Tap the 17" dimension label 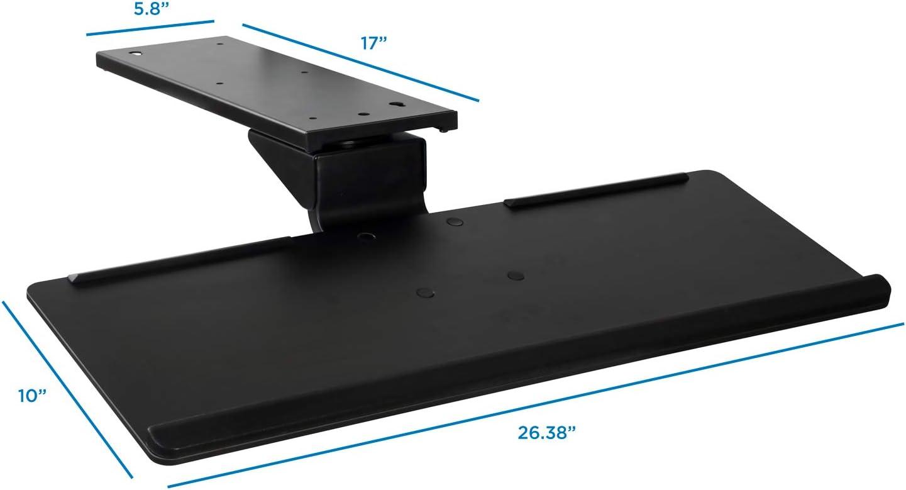coord(373,44)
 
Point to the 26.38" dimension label coord(547,433)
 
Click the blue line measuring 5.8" coord(150,28)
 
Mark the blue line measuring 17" coord(360,62)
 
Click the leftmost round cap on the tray coord(365,237)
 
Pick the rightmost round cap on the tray coord(515,274)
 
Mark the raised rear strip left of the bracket coord(182,259)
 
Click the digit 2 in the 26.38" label coord(524,433)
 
